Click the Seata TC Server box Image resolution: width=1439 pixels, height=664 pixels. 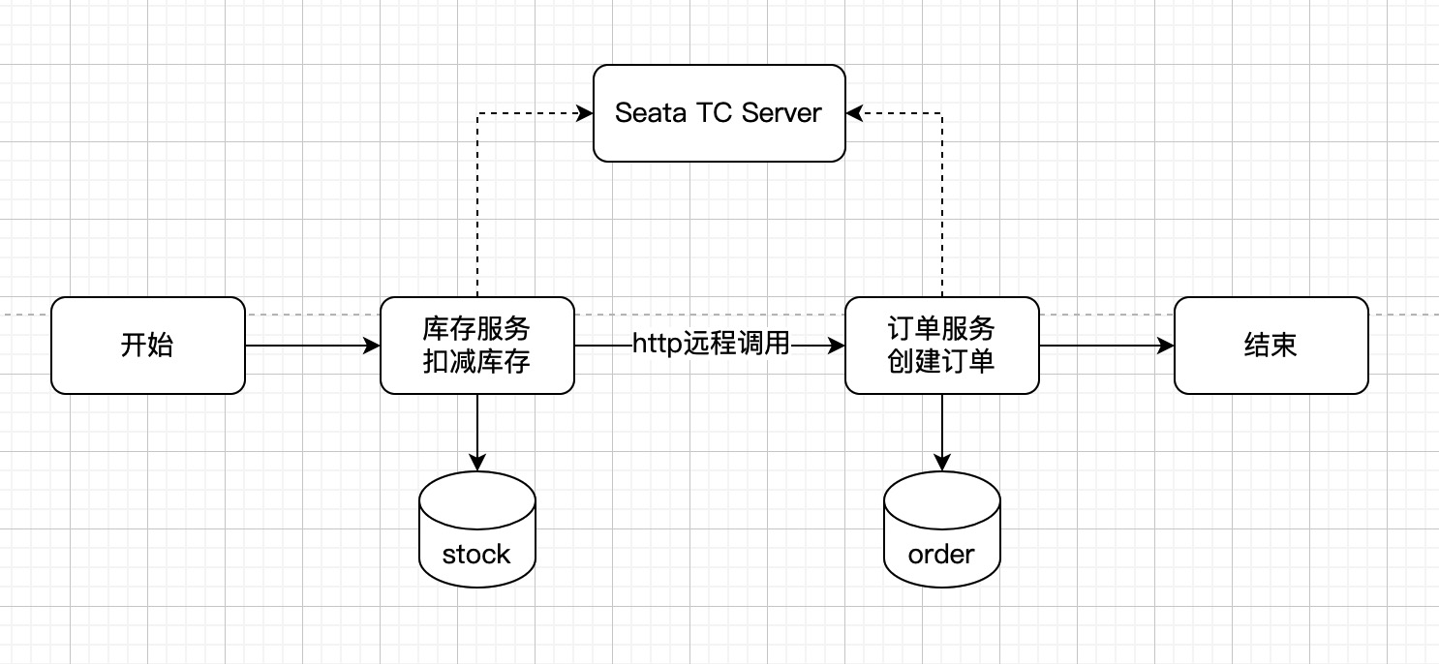click(719, 113)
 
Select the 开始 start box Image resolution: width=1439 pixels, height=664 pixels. click(148, 346)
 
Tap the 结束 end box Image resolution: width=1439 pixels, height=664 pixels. click(1271, 346)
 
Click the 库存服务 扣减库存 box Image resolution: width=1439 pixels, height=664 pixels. click(477, 346)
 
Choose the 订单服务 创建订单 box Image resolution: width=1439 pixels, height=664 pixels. click(942, 346)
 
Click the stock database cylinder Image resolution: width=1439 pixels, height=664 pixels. click(477, 529)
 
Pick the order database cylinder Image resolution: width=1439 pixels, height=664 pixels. click(942, 529)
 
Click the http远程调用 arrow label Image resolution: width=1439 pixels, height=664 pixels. click(711, 344)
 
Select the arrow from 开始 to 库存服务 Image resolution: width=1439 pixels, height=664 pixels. click(312, 346)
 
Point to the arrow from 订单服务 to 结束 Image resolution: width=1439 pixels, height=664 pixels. click(1106, 346)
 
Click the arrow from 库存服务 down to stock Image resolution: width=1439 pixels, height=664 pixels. click(477, 433)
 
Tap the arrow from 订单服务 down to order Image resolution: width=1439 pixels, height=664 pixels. click(942, 433)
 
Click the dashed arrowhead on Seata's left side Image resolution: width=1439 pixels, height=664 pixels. click(585, 113)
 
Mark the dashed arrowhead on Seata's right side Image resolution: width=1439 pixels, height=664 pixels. click(854, 113)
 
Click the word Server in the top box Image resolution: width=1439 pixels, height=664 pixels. click(781, 113)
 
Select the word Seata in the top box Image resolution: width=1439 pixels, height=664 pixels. click(651, 113)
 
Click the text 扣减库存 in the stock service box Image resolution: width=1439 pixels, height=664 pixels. click(476, 362)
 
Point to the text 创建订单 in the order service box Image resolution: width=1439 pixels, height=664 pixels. click(941, 362)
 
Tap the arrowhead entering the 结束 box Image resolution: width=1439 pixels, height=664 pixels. click(1165, 346)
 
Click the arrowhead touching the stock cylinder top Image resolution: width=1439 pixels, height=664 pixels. click(477, 463)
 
